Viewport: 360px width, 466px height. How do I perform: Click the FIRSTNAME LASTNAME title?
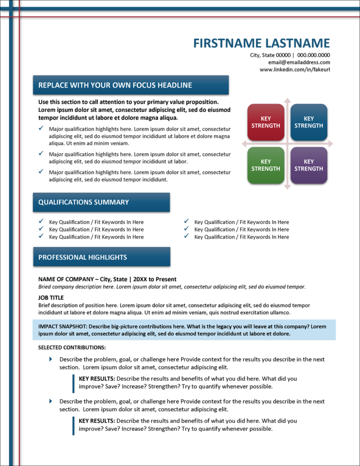pyautogui.click(x=262, y=43)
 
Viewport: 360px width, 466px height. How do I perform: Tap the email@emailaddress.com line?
pyautogui.click(x=299, y=62)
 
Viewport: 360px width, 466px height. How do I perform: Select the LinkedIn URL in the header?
pyautogui.click(x=295, y=69)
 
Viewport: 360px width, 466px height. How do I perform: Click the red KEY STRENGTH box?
pyautogui.click(x=266, y=122)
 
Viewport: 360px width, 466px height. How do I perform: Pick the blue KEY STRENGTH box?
pyautogui.click(x=308, y=122)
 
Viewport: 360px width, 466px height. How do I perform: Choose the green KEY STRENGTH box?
pyautogui.click(x=266, y=165)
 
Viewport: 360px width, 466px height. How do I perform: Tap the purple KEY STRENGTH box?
pyautogui.click(x=308, y=165)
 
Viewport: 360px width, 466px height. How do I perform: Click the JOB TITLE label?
pyautogui.click(x=51, y=297)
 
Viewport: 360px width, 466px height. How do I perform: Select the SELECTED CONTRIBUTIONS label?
pyautogui.click(x=72, y=347)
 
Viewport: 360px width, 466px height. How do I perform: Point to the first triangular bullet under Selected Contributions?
pyautogui.click(x=51, y=359)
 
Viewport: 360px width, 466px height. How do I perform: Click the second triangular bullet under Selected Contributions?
pyautogui.click(x=51, y=401)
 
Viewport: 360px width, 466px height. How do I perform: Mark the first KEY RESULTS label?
pyautogui.click(x=97, y=378)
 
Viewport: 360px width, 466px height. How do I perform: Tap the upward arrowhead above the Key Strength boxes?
pyautogui.click(x=287, y=100)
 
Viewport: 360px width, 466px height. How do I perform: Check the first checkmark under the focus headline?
pyautogui.click(x=41, y=128)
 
